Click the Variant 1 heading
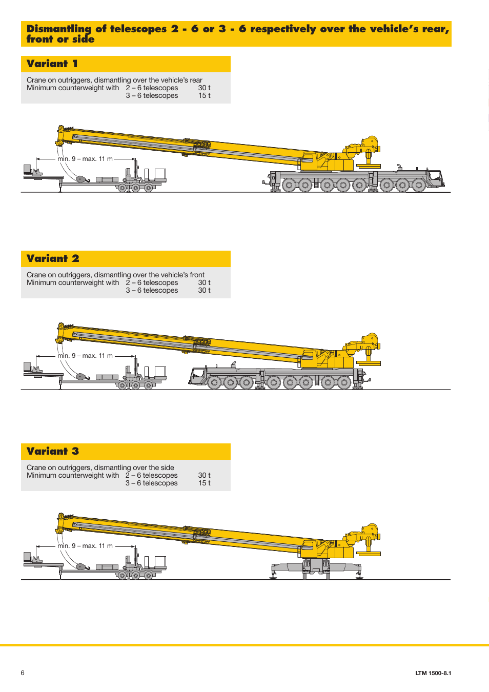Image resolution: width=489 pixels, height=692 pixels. click(x=52, y=64)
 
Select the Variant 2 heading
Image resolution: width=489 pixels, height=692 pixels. click(x=53, y=259)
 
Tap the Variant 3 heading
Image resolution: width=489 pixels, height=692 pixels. click(x=53, y=452)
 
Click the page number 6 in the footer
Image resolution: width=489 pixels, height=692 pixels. click(x=23, y=673)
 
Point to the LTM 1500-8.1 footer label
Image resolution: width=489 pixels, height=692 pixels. click(x=433, y=674)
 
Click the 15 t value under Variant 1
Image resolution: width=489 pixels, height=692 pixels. click(x=205, y=96)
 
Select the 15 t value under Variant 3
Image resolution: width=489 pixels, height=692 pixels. click(x=205, y=483)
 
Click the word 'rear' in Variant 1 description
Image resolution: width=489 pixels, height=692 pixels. click(x=196, y=80)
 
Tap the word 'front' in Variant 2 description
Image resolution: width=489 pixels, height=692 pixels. click(x=197, y=275)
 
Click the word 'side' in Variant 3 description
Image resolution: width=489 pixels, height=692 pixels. click(x=167, y=468)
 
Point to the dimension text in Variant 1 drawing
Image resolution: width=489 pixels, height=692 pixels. click(x=85, y=159)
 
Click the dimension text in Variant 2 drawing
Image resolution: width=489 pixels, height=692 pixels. click(x=85, y=356)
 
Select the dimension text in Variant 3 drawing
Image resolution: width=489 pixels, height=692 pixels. click(x=85, y=546)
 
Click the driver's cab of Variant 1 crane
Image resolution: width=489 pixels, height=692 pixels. click(x=435, y=178)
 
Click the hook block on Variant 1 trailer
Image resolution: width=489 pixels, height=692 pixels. click(x=81, y=179)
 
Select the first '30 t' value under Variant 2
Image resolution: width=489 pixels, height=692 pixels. click(x=205, y=283)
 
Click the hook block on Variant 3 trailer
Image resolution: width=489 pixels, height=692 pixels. click(x=81, y=567)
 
